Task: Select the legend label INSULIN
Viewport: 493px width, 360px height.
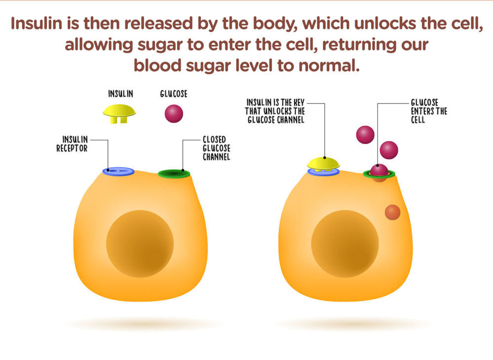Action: [121, 93]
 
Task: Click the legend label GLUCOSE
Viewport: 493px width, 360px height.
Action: [174, 93]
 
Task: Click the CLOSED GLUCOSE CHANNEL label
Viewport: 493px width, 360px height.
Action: [217, 148]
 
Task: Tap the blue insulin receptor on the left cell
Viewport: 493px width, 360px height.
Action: [118, 171]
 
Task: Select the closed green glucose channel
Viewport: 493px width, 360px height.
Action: [174, 173]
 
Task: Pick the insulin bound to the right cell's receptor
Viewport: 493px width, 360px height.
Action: [323, 163]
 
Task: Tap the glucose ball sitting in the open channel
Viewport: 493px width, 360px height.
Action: [379, 170]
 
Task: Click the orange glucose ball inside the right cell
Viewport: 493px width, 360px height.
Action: [392, 213]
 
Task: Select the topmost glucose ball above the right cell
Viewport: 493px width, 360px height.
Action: [365, 135]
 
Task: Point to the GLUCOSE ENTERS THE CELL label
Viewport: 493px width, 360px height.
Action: [429, 111]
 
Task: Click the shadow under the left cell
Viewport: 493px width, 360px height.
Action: [141, 324]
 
